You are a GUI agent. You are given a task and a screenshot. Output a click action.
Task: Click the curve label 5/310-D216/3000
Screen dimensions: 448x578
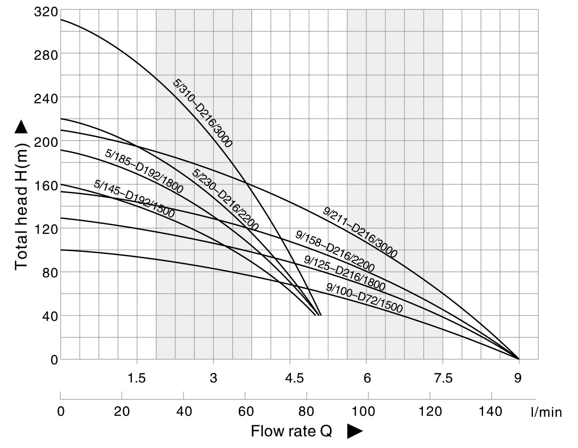click(202, 113)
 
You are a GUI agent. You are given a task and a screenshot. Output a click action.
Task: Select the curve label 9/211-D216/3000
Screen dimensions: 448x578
click(360, 233)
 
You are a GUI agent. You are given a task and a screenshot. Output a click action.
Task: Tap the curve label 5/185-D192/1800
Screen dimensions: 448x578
click(144, 171)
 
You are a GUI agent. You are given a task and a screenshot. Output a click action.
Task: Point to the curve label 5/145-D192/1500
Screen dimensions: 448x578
click(134, 199)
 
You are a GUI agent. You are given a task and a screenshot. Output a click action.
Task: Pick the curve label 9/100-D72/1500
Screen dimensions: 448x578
click(365, 298)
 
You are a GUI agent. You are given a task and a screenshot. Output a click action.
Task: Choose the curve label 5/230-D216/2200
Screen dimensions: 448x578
click(225, 199)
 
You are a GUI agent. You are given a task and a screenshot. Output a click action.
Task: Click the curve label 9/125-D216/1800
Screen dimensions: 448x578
click(345, 273)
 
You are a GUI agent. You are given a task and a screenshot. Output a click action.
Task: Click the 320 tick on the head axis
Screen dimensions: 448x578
click(46, 11)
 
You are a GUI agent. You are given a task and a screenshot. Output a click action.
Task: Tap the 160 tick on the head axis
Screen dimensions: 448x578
click(46, 185)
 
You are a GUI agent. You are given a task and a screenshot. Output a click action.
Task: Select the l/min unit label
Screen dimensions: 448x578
click(546, 412)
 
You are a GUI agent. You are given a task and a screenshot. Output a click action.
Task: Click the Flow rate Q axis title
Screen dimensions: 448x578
click(291, 431)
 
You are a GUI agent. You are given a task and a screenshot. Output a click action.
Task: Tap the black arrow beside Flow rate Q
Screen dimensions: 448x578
click(354, 431)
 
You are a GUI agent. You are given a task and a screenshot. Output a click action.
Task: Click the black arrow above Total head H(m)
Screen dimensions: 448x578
click(21, 127)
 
